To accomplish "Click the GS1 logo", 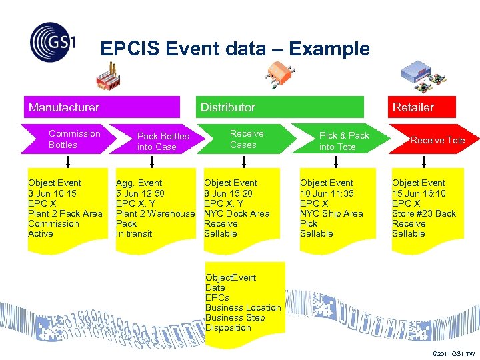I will (53, 42).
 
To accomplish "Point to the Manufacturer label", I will (64, 107).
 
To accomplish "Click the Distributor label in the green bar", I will (228, 107).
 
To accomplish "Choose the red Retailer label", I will (413, 107).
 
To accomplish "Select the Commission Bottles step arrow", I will (70, 139).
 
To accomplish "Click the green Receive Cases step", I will (247, 139).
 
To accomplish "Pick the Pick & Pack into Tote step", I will (343, 141).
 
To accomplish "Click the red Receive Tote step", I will (437, 140).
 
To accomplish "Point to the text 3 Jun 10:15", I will (52, 193).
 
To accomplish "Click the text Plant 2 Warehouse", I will (155, 213).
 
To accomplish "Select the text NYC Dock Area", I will (237, 213).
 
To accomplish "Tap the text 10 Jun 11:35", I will (327, 193).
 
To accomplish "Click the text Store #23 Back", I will (424, 213).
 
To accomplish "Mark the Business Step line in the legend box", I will (235, 317).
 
